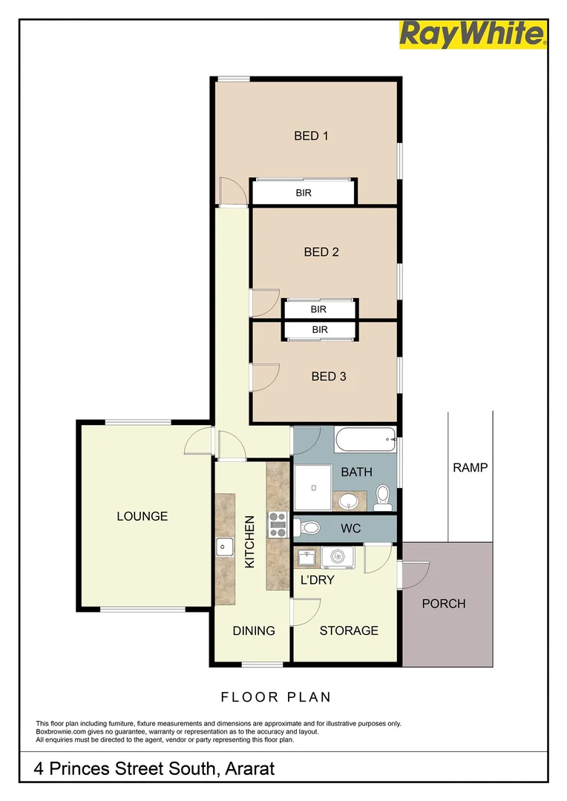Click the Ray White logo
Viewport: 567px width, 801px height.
click(x=473, y=35)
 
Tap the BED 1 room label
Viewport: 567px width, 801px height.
click(x=311, y=136)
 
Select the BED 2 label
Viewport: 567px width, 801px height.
click(x=321, y=252)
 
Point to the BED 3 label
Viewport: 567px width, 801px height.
click(x=328, y=376)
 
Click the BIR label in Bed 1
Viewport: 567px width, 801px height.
click(x=304, y=193)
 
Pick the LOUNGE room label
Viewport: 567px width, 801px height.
click(x=142, y=516)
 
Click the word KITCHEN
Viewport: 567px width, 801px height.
click(x=250, y=541)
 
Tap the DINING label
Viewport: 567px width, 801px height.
click(x=254, y=630)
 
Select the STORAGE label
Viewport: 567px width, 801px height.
click(x=349, y=630)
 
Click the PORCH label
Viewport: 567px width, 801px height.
click(x=444, y=604)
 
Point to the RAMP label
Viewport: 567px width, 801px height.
click(x=470, y=467)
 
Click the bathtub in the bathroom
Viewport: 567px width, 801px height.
click(x=364, y=441)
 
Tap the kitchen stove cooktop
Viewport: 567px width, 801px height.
click(x=278, y=524)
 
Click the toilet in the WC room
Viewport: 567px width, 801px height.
click(x=308, y=528)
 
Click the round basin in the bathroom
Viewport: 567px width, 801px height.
click(x=347, y=502)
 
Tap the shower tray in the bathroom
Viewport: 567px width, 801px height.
click(x=312, y=487)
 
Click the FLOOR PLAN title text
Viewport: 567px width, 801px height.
click(x=276, y=697)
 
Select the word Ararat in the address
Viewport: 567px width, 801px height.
click(x=248, y=769)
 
